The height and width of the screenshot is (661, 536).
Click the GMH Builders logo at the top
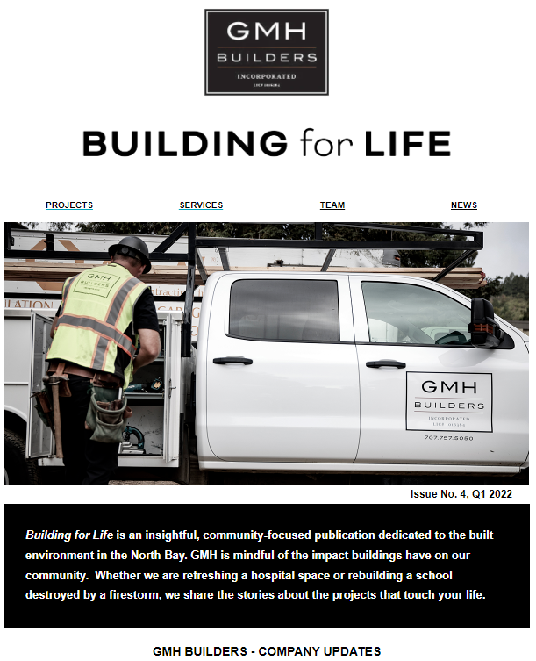click(267, 52)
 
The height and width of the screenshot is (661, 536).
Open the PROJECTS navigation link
click(69, 205)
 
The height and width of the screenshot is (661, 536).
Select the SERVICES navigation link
click(201, 205)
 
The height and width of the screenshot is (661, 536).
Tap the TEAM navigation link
click(332, 205)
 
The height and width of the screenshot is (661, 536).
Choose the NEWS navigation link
click(464, 205)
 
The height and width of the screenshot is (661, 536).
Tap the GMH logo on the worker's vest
click(98, 286)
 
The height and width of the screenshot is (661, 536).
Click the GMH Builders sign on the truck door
click(449, 402)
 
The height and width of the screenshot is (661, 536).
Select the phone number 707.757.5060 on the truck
click(449, 437)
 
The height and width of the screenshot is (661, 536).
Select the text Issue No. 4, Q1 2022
click(461, 494)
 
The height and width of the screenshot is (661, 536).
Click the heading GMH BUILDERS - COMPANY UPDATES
click(267, 651)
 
